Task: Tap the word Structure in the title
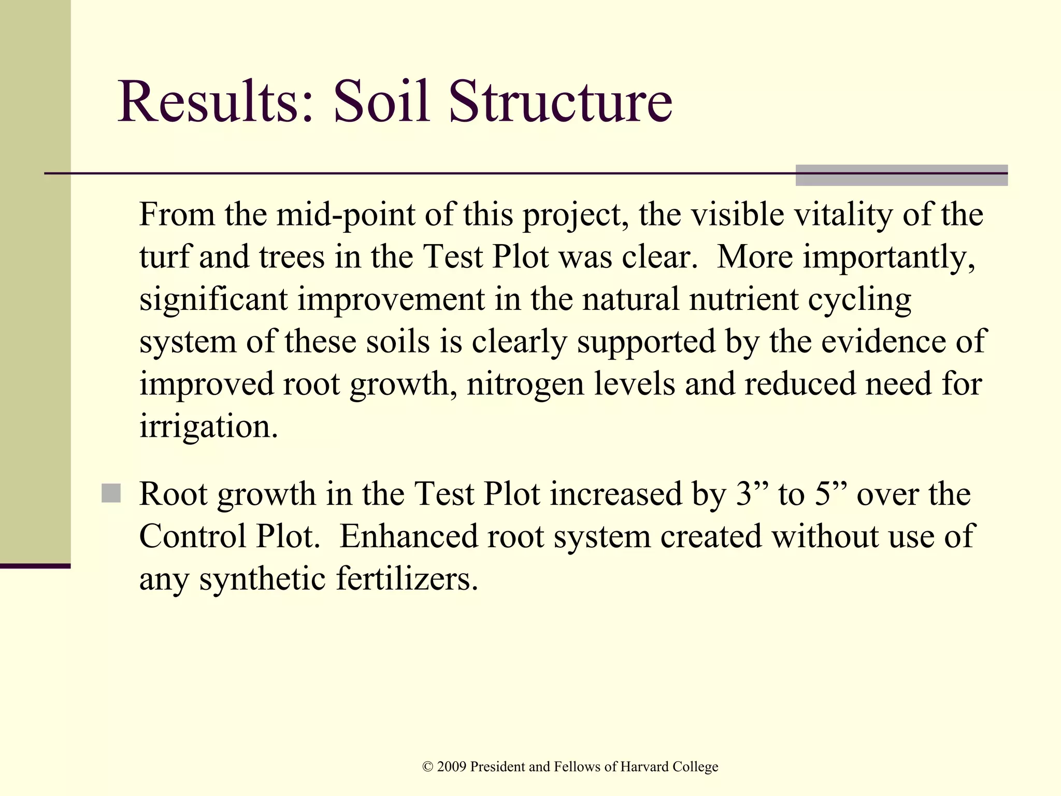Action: tap(560, 102)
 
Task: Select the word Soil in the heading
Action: tap(381, 102)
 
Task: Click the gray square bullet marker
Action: tap(111, 493)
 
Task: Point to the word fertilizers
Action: tap(407, 579)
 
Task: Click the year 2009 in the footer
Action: tap(452, 766)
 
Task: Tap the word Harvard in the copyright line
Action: tap(644, 766)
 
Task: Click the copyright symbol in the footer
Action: tap(428, 767)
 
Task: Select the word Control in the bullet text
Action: tap(193, 536)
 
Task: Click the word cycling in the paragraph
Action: tap(859, 301)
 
